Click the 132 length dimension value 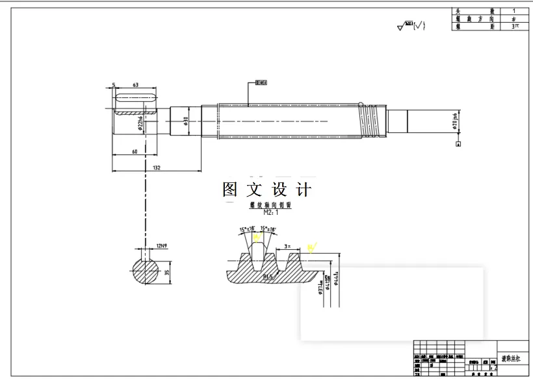click(x=157, y=167)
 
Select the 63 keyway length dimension click(x=135, y=85)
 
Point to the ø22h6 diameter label click(x=141, y=123)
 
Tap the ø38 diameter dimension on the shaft click(x=186, y=121)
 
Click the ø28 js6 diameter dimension click(x=454, y=121)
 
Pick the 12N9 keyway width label click(x=162, y=247)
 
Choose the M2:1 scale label click(x=270, y=212)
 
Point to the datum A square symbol click(x=459, y=144)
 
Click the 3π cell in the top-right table click(x=514, y=27)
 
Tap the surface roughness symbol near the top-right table click(x=411, y=26)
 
